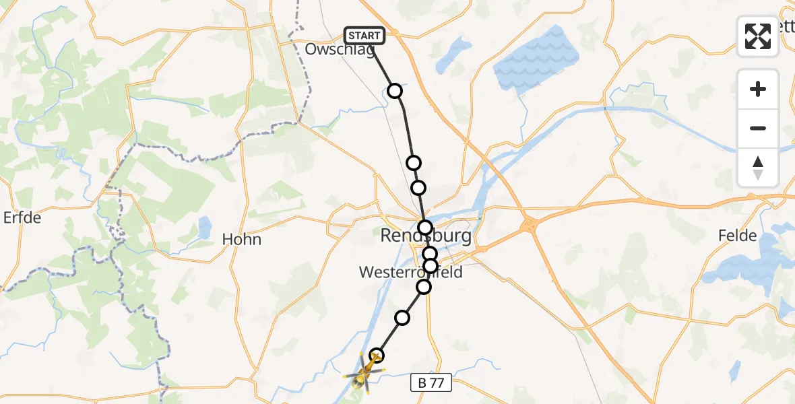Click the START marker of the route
(x=364, y=36)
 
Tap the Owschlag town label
(x=340, y=50)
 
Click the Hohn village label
(x=242, y=239)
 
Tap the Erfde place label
(x=22, y=218)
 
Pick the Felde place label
(x=738, y=236)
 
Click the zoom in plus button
(x=758, y=89)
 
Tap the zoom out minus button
(x=758, y=128)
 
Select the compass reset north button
(x=758, y=168)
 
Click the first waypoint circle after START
(x=395, y=91)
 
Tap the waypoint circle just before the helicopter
(x=377, y=355)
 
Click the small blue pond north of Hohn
(x=203, y=230)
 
